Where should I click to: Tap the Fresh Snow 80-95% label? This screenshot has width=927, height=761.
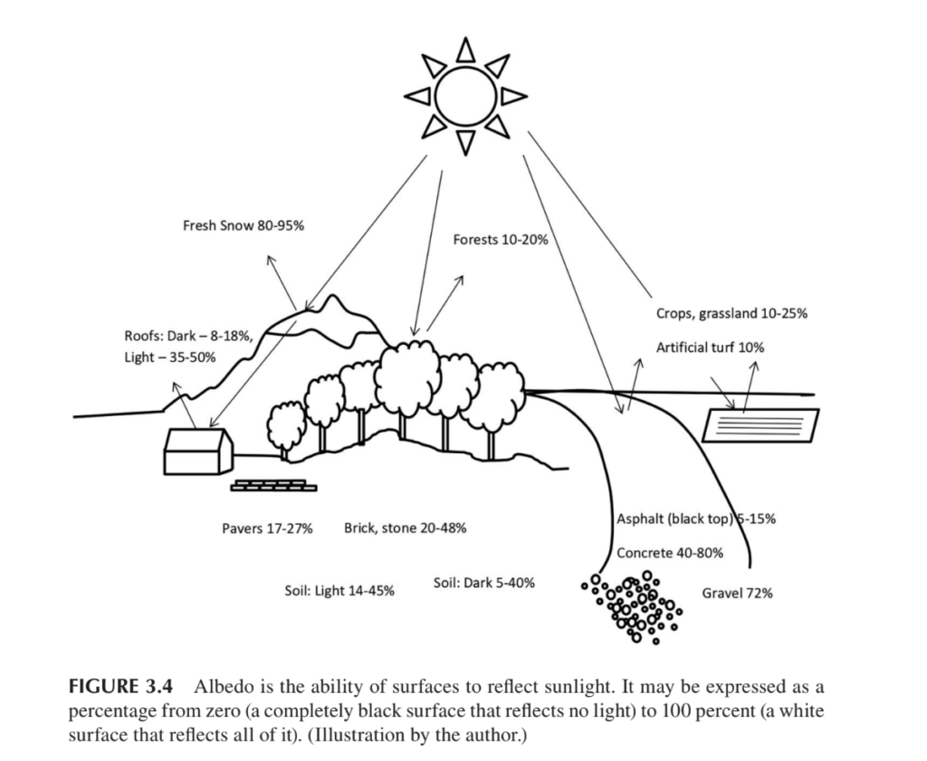(244, 225)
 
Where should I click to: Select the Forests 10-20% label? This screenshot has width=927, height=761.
(500, 240)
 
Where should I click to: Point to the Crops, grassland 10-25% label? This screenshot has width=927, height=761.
(731, 314)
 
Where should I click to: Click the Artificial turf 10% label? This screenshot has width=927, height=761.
(712, 347)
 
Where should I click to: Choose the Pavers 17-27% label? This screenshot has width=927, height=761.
(267, 528)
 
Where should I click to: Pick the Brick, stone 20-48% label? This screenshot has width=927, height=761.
(405, 528)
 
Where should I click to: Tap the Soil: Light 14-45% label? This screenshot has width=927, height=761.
(339, 591)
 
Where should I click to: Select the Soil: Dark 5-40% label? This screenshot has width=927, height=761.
(483, 583)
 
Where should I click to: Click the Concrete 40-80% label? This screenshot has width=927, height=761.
(669, 553)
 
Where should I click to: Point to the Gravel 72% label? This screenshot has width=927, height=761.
(737, 594)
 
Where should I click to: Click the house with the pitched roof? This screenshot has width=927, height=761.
(197, 450)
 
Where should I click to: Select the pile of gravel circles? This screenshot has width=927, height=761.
(634, 604)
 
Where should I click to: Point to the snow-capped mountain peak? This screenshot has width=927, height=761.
(333, 308)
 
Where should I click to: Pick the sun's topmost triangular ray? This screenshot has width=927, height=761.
(465, 49)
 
